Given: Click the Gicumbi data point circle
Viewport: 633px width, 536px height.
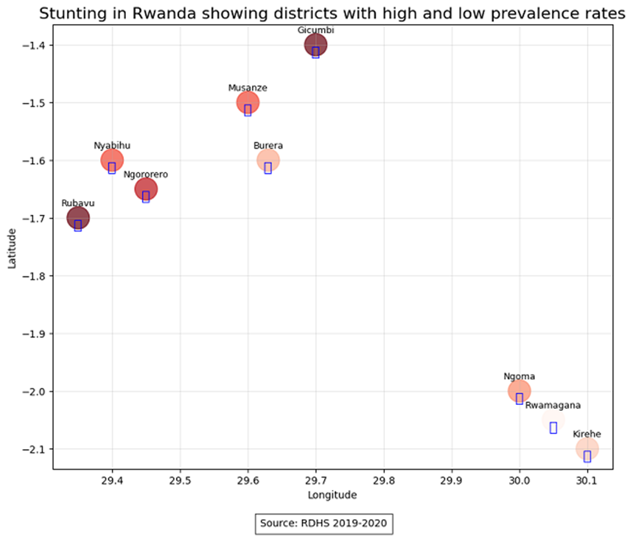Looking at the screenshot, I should pos(316,45).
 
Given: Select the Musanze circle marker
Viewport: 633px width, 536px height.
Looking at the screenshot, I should pos(247,102).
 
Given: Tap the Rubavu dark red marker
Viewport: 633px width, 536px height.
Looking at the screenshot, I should pos(78,217).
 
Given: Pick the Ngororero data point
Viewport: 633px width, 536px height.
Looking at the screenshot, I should pos(146,189).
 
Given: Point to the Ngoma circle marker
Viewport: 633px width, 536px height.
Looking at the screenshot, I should pos(519,391).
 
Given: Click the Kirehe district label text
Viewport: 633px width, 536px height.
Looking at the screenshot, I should pos(586,434).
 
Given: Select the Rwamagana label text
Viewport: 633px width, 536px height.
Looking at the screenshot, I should pos(552,406).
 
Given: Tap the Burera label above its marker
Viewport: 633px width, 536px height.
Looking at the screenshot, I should pos(268,145).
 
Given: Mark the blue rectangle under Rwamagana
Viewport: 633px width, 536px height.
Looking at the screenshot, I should pos(553,428).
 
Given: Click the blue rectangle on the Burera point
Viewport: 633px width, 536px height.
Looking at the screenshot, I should pos(268,168).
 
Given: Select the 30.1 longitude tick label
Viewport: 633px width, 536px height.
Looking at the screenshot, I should pos(587,481).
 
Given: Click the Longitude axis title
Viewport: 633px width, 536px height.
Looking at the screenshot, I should pos(332,495).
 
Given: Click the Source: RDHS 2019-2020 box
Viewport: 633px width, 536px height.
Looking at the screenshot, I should pos(324,523).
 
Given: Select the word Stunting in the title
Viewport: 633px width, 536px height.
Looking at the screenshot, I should pos(67,14).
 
